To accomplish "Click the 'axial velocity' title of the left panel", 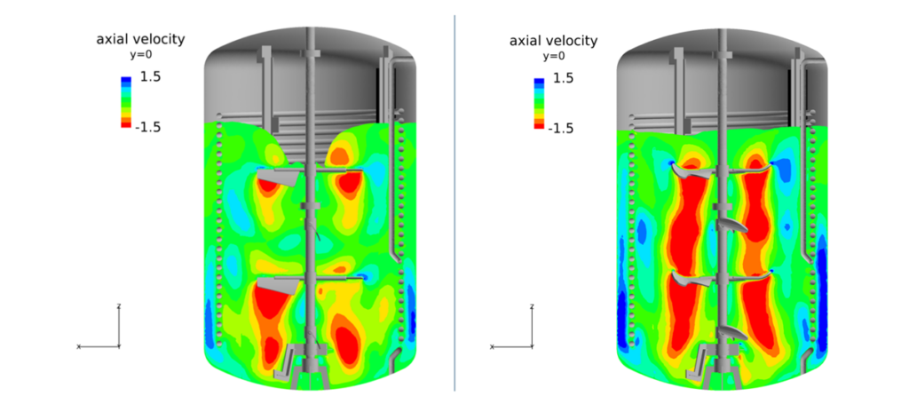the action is pyautogui.click(x=141, y=39).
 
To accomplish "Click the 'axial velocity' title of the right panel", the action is pyautogui.click(x=554, y=41).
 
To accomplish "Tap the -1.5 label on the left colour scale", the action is pyautogui.click(x=147, y=127).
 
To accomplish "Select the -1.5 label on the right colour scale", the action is pyautogui.click(x=561, y=128).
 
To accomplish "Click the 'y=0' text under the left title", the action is pyautogui.click(x=140, y=55).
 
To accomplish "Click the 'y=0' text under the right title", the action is pyautogui.click(x=553, y=56).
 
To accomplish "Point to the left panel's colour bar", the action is pyautogui.click(x=126, y=102).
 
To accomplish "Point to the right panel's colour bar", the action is pyautogui.click(x=540, y=103).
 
